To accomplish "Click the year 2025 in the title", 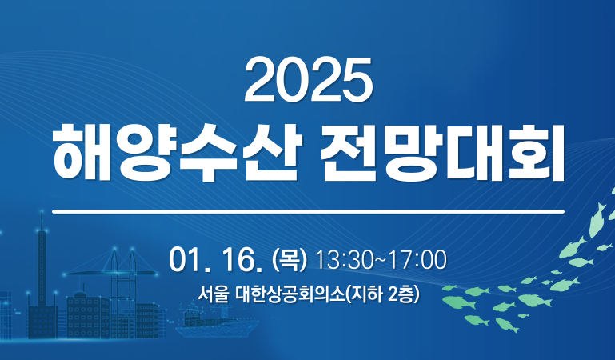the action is click(x=308, y=80).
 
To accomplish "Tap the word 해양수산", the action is click(x=178, y=153).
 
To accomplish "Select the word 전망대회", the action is click(x=443, y=153).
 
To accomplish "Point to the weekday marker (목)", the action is click(x=289, y=260).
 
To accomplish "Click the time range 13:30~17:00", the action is click(x=381, y=260).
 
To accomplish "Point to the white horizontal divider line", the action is click(x=308, y=212).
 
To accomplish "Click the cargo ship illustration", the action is click(x=217, y=320).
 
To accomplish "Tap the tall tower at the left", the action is click(x=41, y=266).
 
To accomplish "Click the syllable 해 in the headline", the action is click(x=82, y=153).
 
